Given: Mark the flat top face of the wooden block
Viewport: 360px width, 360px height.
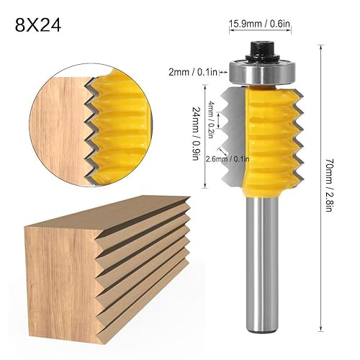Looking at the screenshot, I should pyautogui.click(x=108, y=198).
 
